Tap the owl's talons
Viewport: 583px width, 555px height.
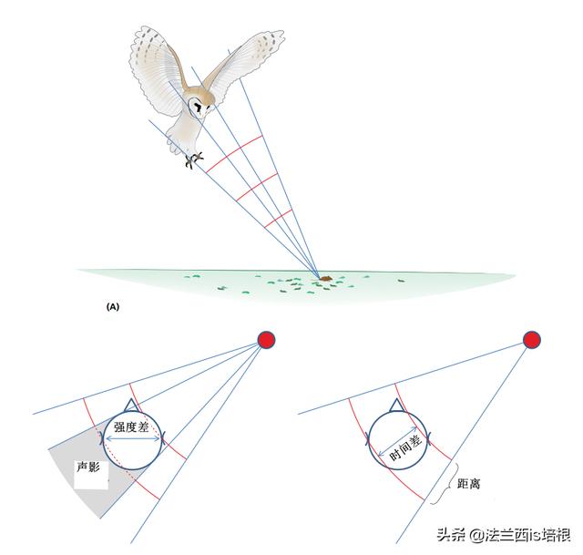[194, 160]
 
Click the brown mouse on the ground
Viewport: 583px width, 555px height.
[326, 278]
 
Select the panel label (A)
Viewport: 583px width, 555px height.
[113, 307]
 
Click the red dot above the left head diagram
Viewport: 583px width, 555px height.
[267, 340]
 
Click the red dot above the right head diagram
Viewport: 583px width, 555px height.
[532, 340]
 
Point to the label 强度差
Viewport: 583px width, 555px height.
[131, 427]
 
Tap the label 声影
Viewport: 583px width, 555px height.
[88, 467]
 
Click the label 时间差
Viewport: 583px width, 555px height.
[405, 447]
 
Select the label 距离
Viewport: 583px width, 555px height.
[468, 484]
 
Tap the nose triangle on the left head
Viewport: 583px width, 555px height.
[130, 406]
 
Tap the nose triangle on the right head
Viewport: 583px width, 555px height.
[396, 406]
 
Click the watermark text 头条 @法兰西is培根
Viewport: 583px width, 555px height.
[504, 535]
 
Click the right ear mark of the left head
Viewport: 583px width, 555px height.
[161, 438]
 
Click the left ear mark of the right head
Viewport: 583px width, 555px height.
[368, 439]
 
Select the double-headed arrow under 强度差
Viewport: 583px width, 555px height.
[132, 439]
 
